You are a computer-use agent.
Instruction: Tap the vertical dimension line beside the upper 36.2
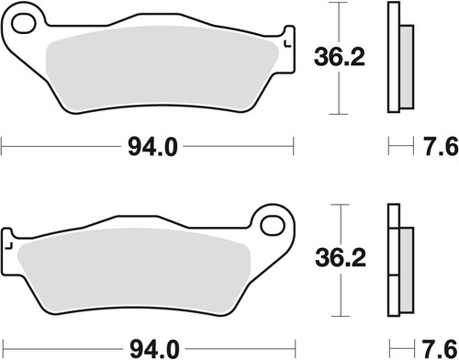[x=341, y=92]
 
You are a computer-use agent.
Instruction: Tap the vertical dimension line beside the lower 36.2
[x=341, y=294]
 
